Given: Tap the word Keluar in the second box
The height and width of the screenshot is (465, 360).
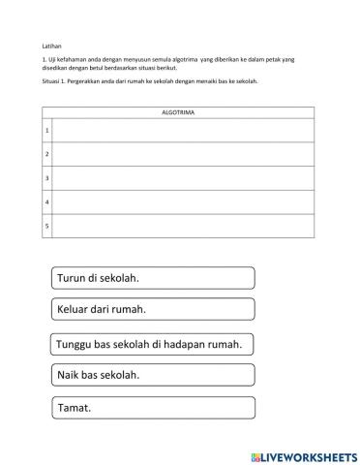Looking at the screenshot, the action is click(75, 310).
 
